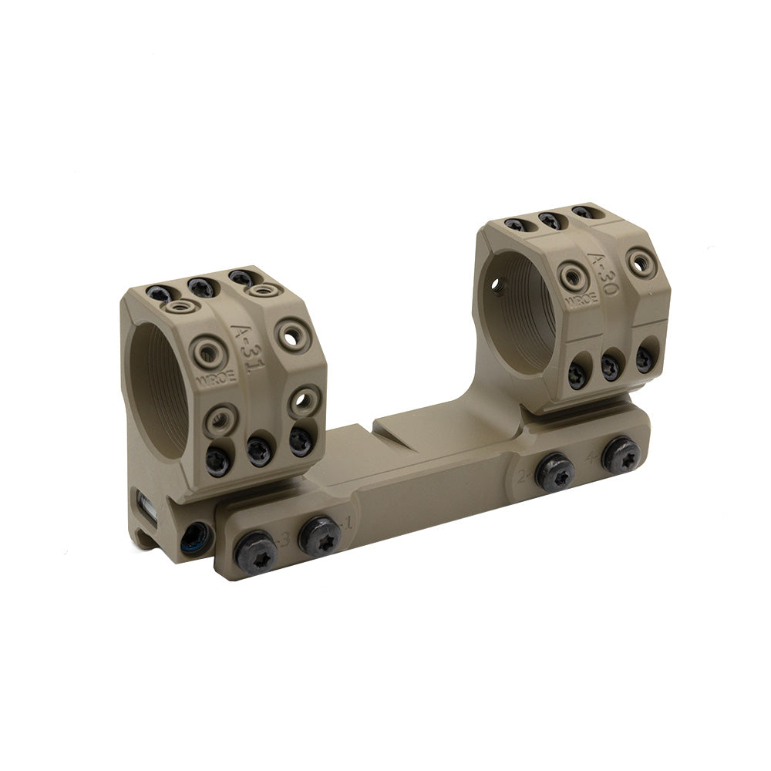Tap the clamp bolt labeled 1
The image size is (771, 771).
(x=319, y=534)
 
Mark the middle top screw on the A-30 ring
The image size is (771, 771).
(x=549, y=220)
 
